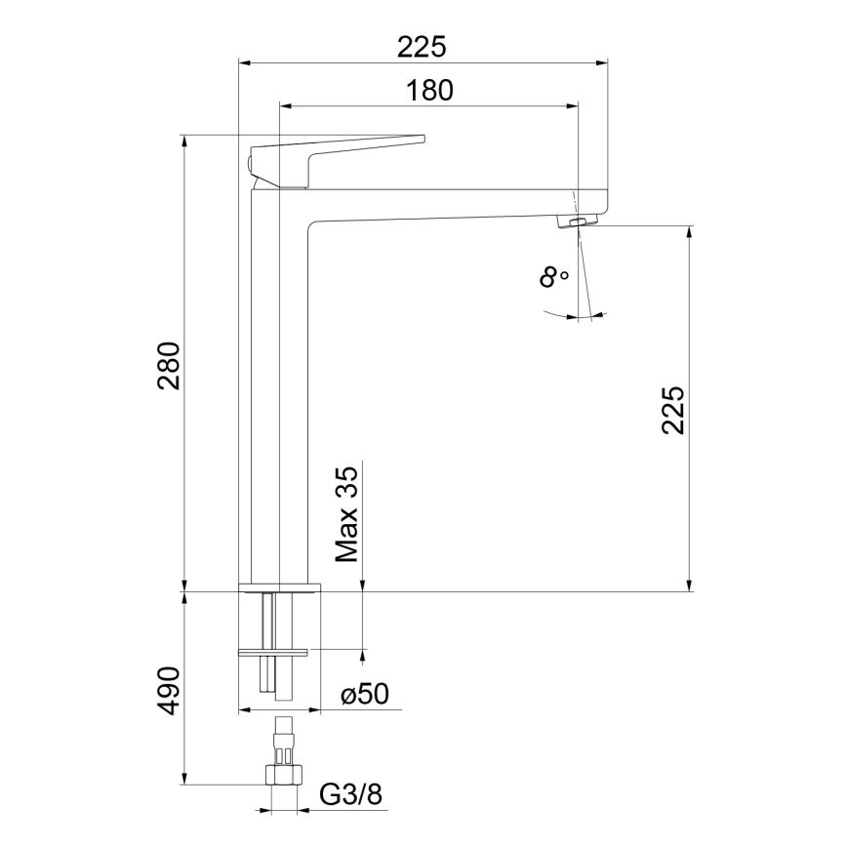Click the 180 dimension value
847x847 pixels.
430,90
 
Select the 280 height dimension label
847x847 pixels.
170,365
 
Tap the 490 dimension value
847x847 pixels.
170,691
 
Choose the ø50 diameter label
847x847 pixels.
365,695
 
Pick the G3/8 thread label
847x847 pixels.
350,796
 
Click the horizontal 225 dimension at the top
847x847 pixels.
423,46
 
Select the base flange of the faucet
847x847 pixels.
279,587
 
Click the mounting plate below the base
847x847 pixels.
273,651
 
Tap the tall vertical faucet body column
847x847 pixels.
279,390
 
